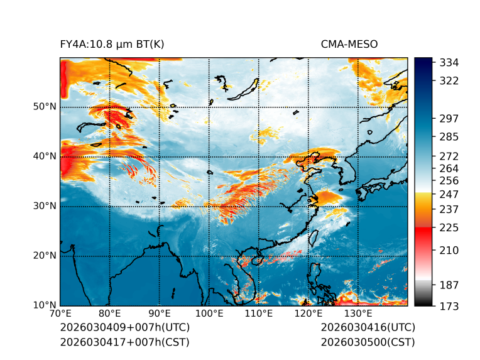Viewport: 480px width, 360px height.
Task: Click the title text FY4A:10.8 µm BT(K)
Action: point(112,44)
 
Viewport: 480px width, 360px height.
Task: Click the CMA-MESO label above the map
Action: point(349,44)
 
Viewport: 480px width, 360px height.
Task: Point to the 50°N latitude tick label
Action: point(45,107)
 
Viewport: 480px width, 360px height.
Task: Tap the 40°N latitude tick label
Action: point(45,156)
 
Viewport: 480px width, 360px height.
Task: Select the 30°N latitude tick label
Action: point(45,206)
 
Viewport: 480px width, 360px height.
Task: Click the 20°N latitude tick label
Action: point(45,256)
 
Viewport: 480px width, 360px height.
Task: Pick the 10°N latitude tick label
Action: point(45,305)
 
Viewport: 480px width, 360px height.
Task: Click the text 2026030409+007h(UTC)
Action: point(124,328)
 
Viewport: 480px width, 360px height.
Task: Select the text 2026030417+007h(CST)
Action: point(124,342)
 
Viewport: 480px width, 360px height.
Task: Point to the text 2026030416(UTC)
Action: point(368,328)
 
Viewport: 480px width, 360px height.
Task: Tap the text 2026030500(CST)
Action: point(368,342)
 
